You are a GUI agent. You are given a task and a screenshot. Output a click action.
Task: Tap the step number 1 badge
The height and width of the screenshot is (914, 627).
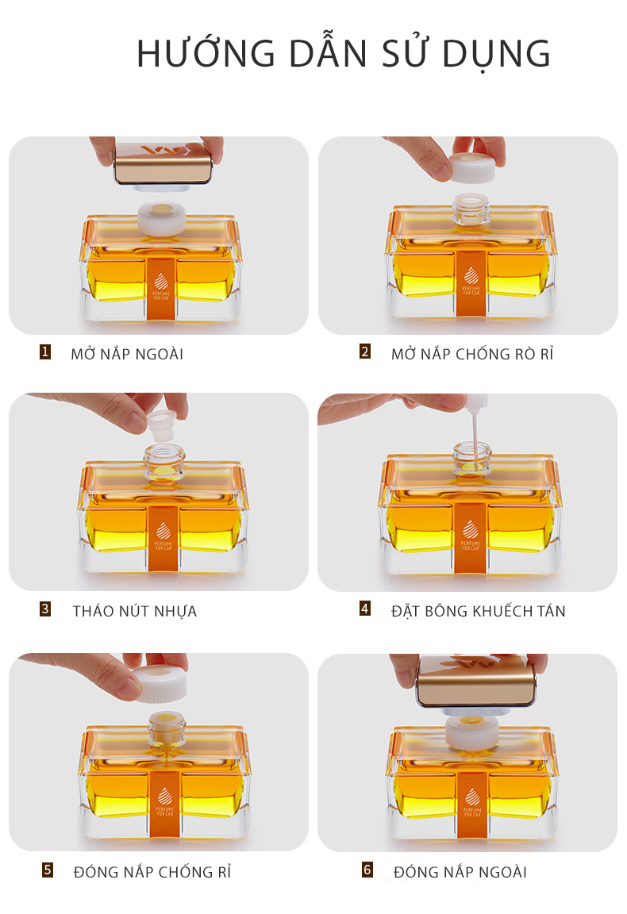(x=45, y=352)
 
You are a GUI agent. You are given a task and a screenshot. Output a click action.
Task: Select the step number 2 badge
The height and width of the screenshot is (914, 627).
(x=365, y=351)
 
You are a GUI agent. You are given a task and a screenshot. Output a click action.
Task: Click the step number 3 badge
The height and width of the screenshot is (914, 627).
(x=45, y=609)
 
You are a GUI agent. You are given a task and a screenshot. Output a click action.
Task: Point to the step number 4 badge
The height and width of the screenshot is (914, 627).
(x=365, y=609)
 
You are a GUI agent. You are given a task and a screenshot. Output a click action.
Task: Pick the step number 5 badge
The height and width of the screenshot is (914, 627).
(x=48, y=870)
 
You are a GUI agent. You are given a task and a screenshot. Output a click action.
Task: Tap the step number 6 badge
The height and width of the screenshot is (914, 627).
(x=367, y=870)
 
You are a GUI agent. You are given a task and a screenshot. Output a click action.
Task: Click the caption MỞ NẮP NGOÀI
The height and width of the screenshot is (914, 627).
(x=127, y=354)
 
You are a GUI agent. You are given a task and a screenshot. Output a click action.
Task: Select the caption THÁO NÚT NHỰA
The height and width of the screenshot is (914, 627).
(x=135, y=612)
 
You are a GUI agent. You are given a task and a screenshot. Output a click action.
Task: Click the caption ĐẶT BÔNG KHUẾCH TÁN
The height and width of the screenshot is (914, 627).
(x=479, y=611)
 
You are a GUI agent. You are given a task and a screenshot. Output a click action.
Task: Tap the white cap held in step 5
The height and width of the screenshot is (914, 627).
(x=159, y=683)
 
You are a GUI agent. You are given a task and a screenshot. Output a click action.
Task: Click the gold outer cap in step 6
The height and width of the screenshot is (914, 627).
(x=475, y=682)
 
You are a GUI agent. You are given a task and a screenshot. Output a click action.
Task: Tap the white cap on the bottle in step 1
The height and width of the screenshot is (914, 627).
(x=162, y=219)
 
